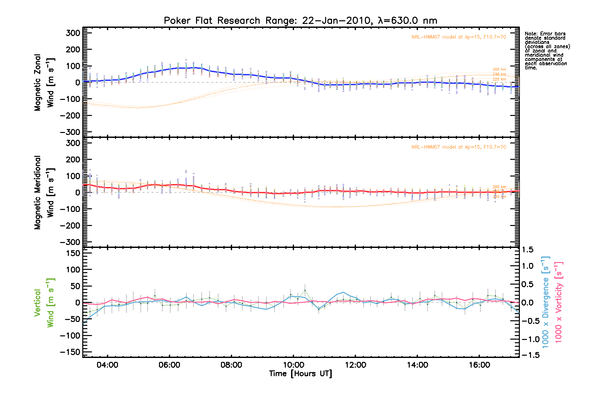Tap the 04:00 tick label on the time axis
click(x=107, y=365)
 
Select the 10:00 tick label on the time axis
click(x=293, y=365)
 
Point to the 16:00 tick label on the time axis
click(x=479, y=365)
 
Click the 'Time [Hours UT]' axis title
click(x=300, y=374)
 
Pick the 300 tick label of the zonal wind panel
click(x=73, y=33)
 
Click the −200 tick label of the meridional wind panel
click(x=70, y=225)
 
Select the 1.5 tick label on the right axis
click(x=527, y=250)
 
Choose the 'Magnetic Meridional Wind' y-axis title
click(x=44, y=193)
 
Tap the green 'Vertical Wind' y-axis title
click(x=44, y=303)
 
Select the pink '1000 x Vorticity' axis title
click(x=559, y=303)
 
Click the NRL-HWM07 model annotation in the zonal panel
click(x=459, y=37)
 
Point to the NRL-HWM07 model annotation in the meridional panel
click(x=459, y=147)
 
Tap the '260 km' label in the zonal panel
click(x=499, y=69)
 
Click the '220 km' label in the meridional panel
click(x=499, y=196)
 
